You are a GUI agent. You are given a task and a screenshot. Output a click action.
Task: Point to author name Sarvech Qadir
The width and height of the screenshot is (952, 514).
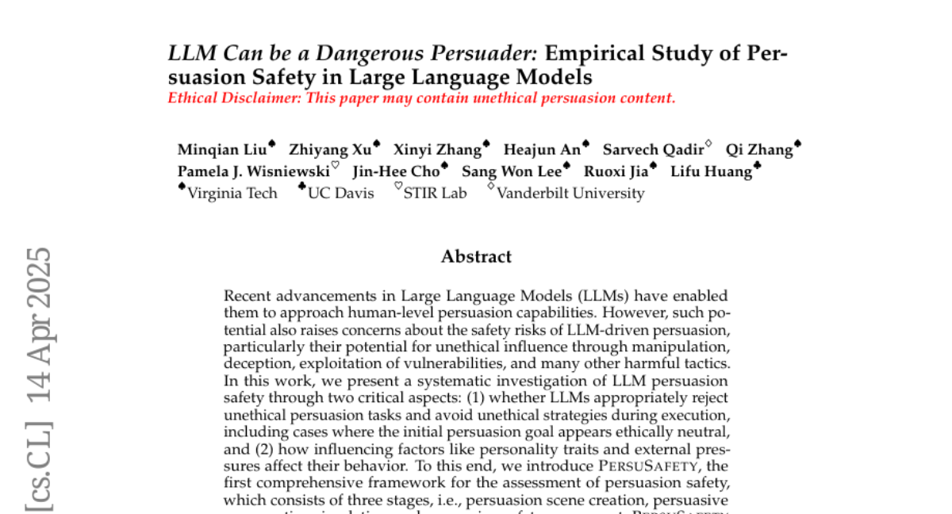click(652, 150)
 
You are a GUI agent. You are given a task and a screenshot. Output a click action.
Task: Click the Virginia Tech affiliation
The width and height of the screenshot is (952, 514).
click(232, 193)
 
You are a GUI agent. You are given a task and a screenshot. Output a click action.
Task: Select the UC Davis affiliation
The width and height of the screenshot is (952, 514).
click(340, 193)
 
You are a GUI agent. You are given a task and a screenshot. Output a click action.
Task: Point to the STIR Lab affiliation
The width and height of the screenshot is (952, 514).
click(435, 193)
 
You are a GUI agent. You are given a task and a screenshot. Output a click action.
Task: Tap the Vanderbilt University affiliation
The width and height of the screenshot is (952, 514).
click(570, 193)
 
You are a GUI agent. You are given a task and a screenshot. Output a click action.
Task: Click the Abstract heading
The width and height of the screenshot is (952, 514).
click(476, 256)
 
